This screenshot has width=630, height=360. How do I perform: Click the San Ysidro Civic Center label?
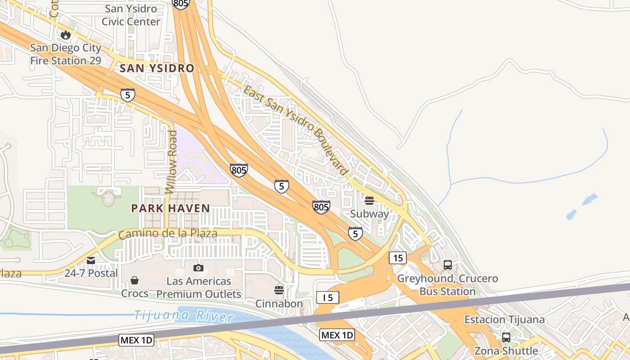tap(131, 15)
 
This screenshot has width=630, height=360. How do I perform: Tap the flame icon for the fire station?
tap(66, 35)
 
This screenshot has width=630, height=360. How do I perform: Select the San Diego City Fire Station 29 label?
tap(66, 54)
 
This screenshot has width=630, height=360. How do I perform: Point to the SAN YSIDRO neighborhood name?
tap(157, 68)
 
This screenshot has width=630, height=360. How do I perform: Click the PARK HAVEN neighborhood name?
tap(171, 208)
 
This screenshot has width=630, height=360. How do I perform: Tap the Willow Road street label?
tap(172, 162)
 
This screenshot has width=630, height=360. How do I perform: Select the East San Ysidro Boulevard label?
tap(296, 130)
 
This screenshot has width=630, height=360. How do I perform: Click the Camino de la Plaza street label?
tap(168, 234)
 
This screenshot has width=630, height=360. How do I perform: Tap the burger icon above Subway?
tap(369, 201)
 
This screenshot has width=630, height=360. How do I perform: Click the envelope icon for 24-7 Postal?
tap(91, 261)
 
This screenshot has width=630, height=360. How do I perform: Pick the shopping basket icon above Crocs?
tap(135, 281)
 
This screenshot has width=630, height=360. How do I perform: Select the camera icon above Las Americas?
tap(198, 268)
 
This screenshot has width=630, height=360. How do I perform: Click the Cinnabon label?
tap(279, 304)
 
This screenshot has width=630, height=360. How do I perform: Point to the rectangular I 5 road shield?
tap(327, 297)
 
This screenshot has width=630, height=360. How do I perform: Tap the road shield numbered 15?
tap(398, 258)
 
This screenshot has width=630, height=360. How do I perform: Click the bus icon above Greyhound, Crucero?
tap(448, 265)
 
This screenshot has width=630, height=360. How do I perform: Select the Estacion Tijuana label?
tap(504, 320)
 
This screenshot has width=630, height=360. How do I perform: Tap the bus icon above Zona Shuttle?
tap(506, 337)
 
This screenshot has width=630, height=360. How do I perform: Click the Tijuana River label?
tap(184, 315)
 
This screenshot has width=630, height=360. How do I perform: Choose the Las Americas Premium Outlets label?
tap(198, 288)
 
